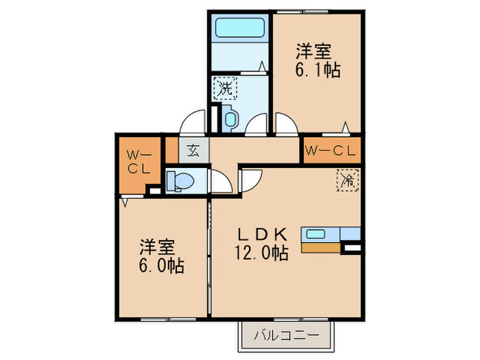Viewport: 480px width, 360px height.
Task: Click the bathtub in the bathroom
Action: (241, 28)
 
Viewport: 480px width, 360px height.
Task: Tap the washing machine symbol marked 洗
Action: (224, 88)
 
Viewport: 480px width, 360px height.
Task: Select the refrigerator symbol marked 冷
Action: (348, 181)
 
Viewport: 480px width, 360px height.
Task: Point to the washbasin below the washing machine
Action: (229, 118)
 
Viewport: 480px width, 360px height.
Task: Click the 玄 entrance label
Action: (193, 150)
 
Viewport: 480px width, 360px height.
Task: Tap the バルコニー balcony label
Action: (285, 335)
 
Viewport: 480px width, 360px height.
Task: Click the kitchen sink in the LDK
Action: (316, 233)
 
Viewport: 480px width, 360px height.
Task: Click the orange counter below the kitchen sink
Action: (320, 248)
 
